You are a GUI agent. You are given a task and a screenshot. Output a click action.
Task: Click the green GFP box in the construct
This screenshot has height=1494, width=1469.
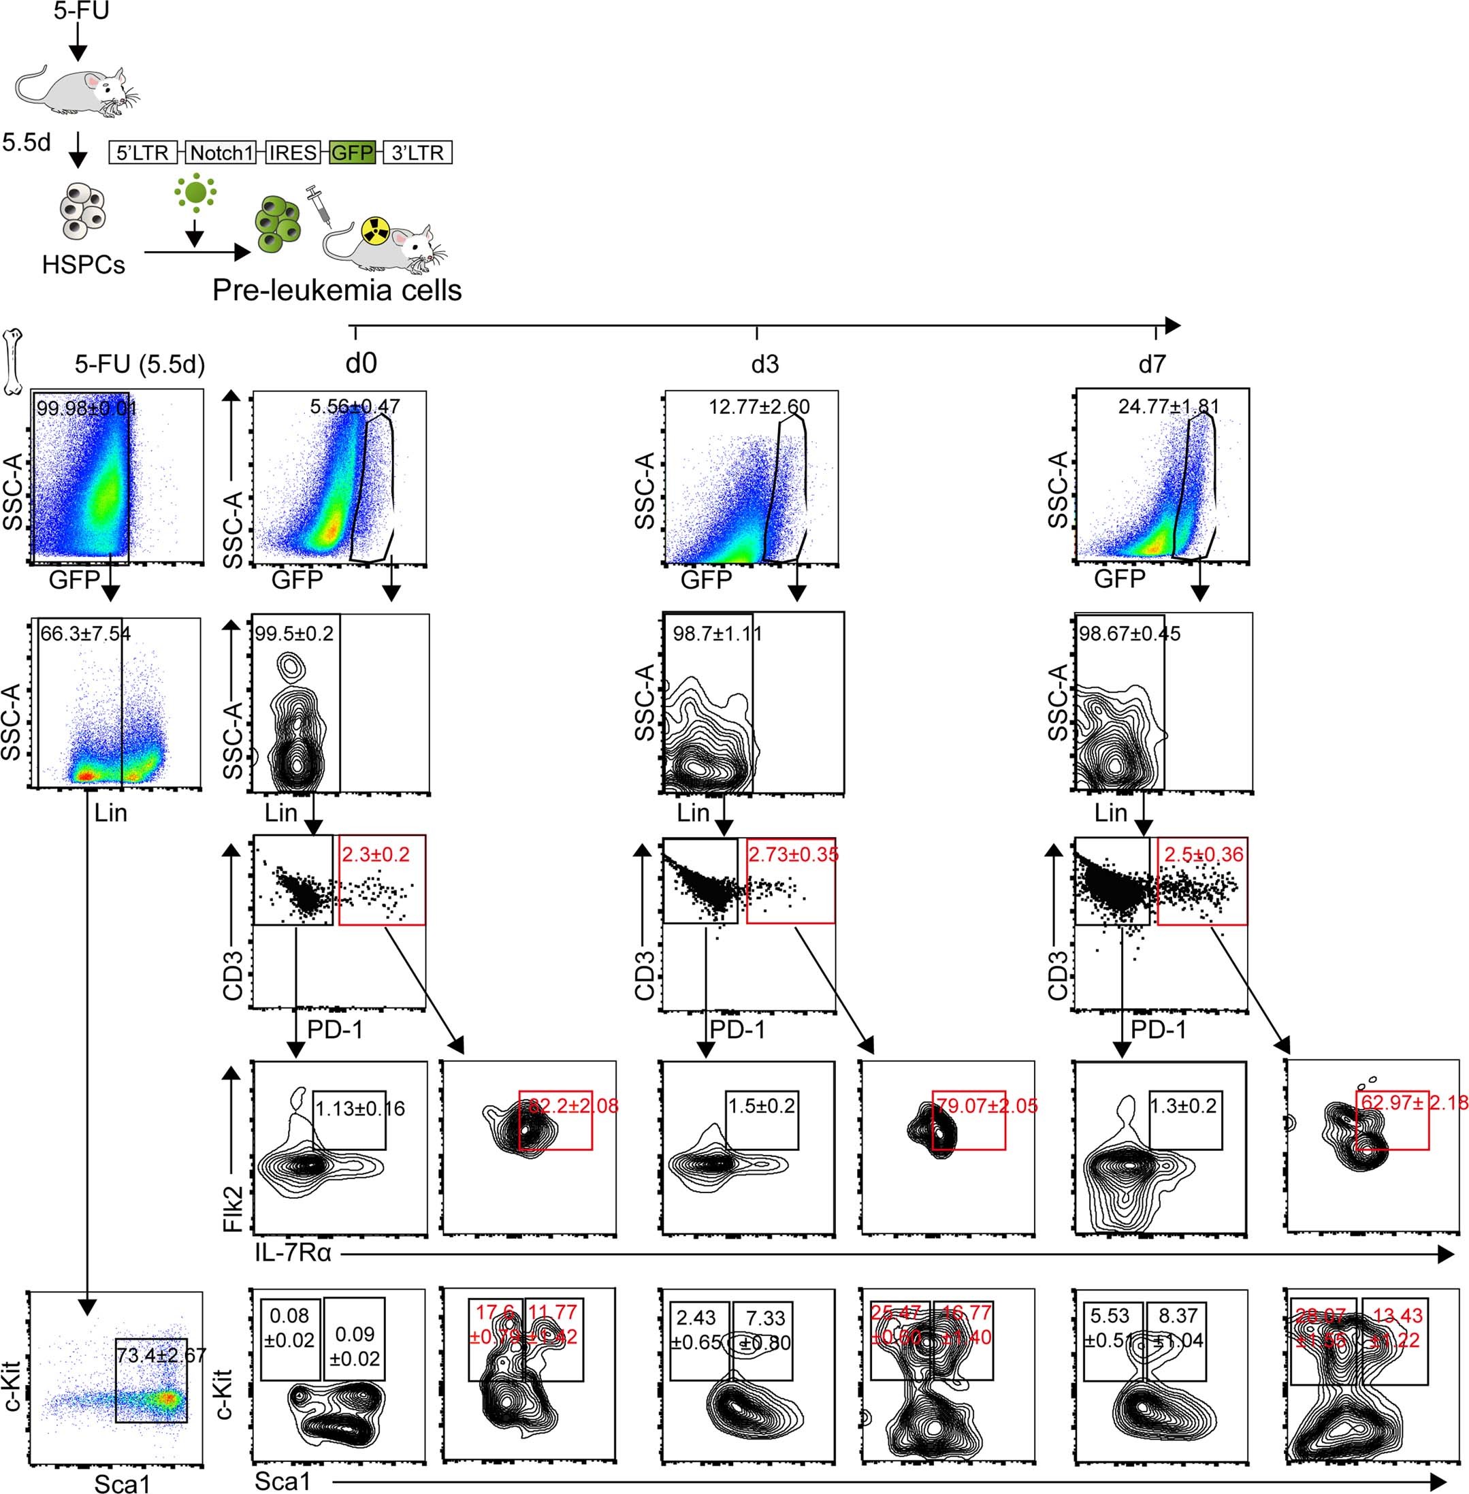click(x=352, y=152)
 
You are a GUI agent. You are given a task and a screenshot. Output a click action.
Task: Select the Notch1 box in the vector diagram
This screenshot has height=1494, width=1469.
click(x=221, y=152)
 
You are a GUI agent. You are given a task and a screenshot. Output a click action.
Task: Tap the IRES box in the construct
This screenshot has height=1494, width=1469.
click(x=293, y=152)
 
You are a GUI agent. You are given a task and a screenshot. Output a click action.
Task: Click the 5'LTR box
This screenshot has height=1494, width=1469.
click(x=144, y=152)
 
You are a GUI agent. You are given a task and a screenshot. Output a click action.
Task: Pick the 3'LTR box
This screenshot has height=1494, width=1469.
click(x=417, y=152)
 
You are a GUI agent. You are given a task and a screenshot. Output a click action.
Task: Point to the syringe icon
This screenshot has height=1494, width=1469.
click(x=317, y=203)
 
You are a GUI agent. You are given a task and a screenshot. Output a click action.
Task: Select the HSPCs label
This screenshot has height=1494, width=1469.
click(x=83, y=265)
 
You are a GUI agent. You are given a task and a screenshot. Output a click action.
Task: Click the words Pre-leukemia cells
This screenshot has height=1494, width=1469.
click(x=337, y=290)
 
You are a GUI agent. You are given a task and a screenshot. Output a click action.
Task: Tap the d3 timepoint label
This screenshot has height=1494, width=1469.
click(x=764, y=364)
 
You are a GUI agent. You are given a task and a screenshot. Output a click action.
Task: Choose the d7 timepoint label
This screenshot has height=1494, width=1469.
click(x=1151, y=364)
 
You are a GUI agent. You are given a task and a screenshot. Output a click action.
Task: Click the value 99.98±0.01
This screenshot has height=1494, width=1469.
click(x=86, y=407)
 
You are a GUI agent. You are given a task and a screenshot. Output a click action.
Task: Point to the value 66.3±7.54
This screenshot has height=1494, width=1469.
click(x=86, y=634)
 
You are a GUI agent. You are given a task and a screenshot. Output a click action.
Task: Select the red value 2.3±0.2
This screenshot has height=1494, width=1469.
click(x=375, y=855)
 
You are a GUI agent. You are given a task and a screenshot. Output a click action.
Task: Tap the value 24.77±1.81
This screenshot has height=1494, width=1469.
click(x=1168, y=406)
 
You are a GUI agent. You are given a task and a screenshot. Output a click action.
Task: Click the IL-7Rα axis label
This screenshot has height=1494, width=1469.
click(x=293, y=1252)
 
